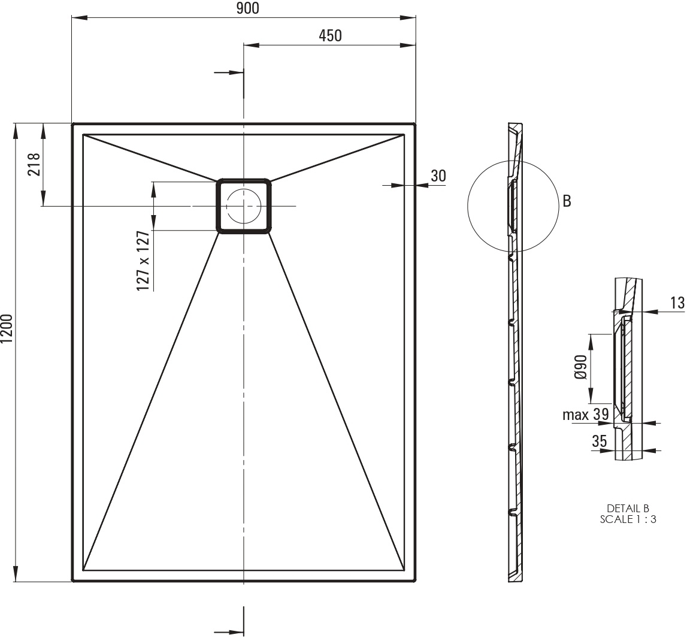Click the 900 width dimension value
[x=248, y=8]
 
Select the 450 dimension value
[x=330, y=36]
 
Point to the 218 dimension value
[x=34, y=164]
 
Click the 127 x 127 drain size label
[x=143, y=261]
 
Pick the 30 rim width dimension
[x=438, y=176]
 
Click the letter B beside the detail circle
[x=567, y=201]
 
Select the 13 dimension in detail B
[x=677, y=303]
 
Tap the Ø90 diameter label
[x=581, y=367]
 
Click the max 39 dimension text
[x=586, y=415]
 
